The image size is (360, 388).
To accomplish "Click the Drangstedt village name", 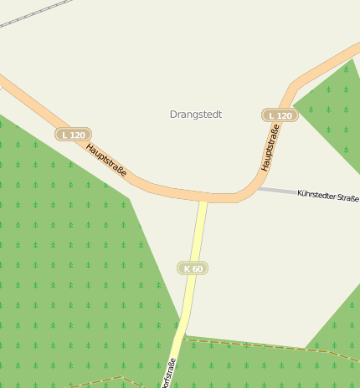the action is click(195, 115).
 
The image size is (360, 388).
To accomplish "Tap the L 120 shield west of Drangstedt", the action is click(73, 135).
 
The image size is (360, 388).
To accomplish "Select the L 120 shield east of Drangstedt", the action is click(280, 115).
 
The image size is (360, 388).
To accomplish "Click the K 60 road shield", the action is click(193, 268).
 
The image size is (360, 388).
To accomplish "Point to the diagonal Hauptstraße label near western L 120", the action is click(106, 160).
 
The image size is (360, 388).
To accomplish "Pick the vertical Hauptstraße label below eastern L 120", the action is click(269, 148).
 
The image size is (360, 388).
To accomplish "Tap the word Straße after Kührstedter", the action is click(347, 198).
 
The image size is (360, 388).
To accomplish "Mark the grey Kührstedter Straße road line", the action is click(276, 191).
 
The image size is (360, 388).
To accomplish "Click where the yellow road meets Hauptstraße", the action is click(203, 199).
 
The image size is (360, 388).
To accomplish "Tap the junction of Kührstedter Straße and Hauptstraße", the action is click(255, 188).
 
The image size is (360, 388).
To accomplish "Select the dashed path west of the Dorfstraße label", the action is click(100, 380).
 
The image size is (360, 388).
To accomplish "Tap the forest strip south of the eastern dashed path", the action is click(268, 368).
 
